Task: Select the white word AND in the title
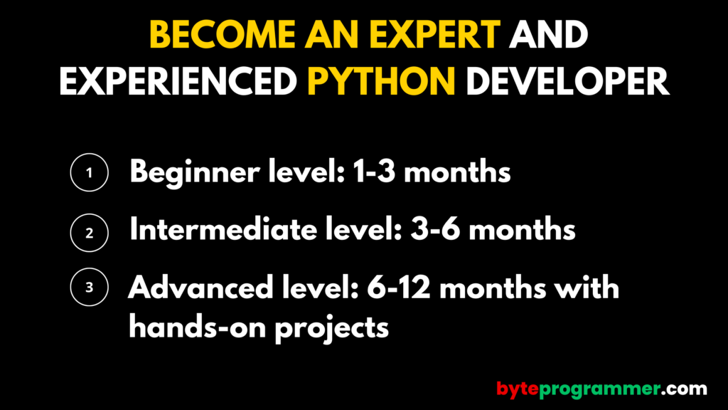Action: pos(548,35)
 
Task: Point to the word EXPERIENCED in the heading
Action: pos(178,82)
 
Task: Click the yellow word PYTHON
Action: pos(381,82)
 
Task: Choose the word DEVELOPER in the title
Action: pos(567,82)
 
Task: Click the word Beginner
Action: pos(195,173)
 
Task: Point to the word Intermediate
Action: pos(223,229)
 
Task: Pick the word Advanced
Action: pos(200,288)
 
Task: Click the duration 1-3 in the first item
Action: pos(374,172)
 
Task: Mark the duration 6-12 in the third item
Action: pos(399,288)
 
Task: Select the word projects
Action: pos(331,328)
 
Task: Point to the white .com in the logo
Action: pos(684,389)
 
